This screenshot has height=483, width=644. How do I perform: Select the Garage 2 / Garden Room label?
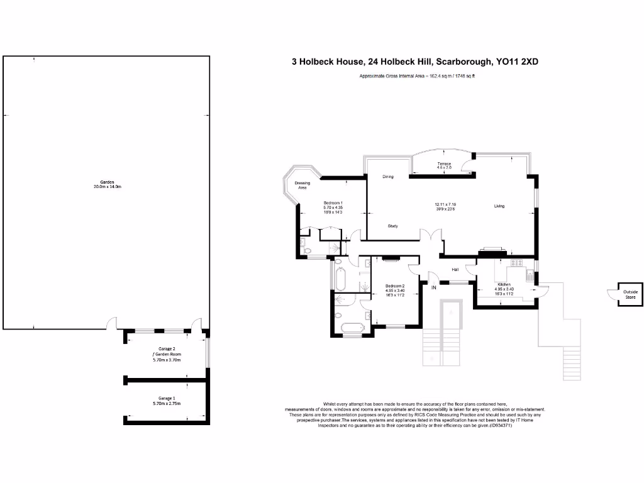166,354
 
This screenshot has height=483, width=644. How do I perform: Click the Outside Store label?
630,294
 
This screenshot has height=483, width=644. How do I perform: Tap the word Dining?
388,177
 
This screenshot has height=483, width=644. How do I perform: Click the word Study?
392,226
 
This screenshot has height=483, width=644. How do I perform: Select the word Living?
499,206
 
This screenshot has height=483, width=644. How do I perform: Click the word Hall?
455,270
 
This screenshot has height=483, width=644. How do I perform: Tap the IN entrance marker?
433,287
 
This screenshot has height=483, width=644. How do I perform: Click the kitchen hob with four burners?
517,263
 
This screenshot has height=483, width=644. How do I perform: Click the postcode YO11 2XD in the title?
517,62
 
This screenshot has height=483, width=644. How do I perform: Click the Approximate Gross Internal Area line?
417,77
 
